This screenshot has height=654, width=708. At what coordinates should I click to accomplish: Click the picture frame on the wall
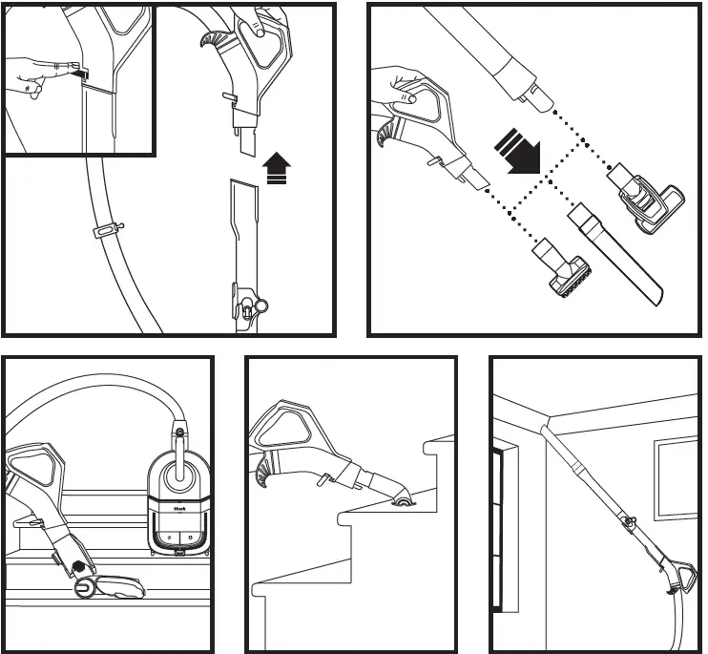(677, 478)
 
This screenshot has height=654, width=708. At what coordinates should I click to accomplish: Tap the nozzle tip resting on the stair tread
(405, 502)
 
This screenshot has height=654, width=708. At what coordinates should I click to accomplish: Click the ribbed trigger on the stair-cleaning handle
(263, 472)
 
